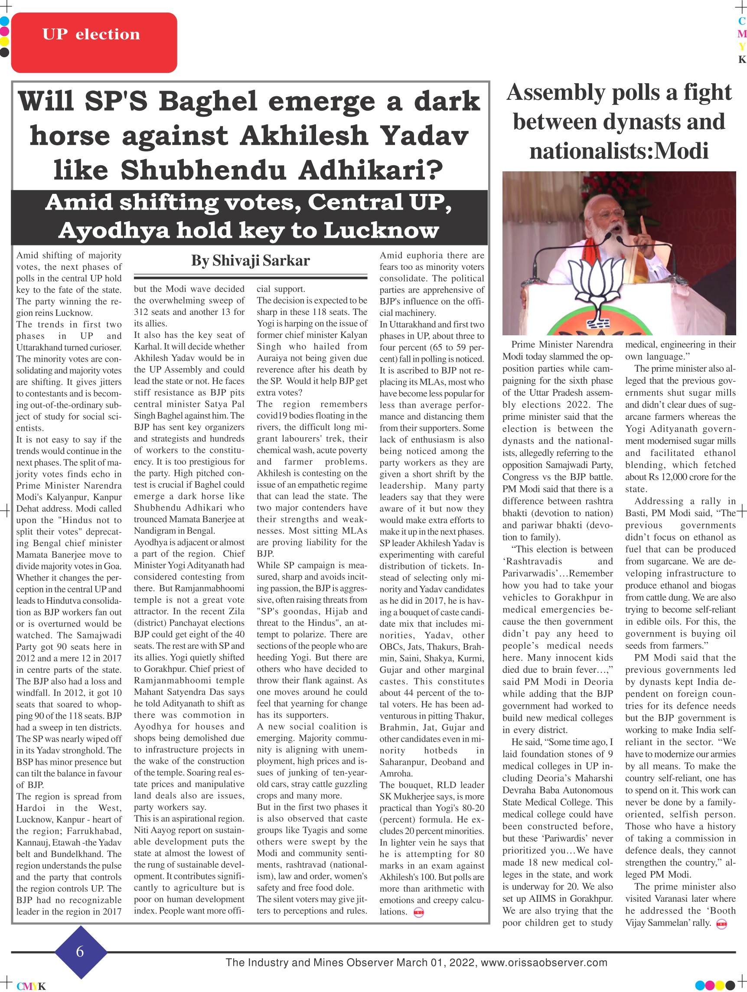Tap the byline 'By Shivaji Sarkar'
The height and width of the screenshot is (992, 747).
250,261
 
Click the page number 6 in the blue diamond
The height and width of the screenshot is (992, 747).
80,951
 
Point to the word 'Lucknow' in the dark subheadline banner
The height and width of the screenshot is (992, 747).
381,230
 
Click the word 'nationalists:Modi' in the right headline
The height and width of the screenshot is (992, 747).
619,151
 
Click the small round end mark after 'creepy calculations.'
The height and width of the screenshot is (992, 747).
418,913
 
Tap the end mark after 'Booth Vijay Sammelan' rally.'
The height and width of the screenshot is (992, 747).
722,923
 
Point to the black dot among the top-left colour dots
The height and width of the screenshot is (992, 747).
4,52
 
